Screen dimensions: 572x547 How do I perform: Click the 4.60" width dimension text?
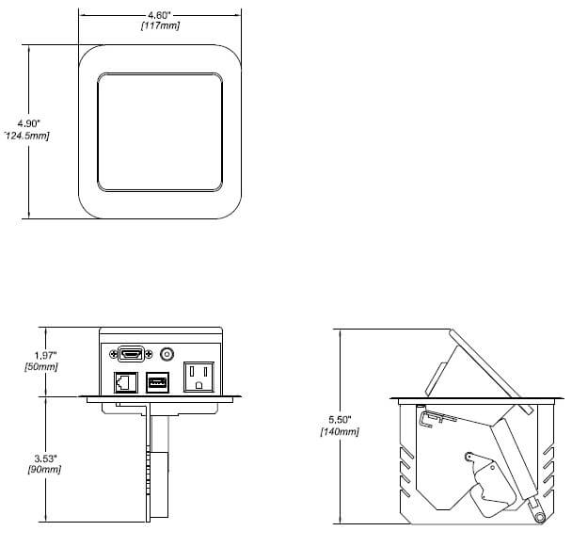[159, 15]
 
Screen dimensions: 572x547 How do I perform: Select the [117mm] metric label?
[160, 26]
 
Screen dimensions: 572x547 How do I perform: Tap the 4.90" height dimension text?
[28, 123]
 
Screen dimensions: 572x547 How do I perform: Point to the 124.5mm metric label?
[26, 136]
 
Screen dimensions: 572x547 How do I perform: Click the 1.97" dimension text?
[45, 355]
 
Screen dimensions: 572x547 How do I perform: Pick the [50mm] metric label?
[41, 366]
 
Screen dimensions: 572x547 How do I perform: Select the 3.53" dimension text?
[45, 458]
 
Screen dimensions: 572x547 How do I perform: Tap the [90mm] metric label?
[44, 469]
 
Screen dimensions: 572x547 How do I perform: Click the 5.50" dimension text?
[340, 420]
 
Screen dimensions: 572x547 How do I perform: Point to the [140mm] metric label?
[340, 431]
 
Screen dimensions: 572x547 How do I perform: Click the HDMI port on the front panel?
[131, 353]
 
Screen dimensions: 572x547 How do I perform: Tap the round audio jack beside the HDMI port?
[167, 354]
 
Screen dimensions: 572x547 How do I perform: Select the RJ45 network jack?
[126, 382]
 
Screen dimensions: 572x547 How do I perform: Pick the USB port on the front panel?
[157, 382]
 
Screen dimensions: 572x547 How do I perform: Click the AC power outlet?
[199, 377]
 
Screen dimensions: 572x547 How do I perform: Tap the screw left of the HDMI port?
[113, 353]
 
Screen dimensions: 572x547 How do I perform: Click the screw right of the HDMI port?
[149, 353]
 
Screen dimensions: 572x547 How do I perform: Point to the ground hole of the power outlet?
[199, 385]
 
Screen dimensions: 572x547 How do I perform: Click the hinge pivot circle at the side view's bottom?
[540, 518]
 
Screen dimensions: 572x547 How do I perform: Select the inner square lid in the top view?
[160, 132]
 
